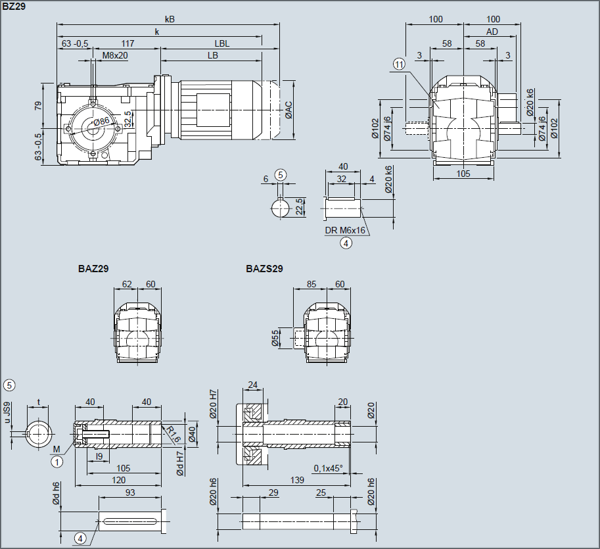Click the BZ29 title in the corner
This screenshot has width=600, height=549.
click(x=14, y=7)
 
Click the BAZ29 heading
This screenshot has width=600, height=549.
click(x=93, y=269)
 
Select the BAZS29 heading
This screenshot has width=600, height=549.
click(x=264, y=269)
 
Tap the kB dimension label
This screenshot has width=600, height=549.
click(x=170, y=19)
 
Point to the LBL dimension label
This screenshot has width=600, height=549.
click(x=222, y=43)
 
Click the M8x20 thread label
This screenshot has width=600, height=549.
click(x=115, y=55)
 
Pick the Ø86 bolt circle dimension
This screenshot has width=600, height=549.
click(x=101, y=122)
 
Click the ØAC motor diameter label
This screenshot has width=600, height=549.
click(x=288, y=110)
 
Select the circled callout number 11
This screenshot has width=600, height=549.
click(x=399, y=64)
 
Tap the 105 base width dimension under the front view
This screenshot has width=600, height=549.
click(x=463, y=174)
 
